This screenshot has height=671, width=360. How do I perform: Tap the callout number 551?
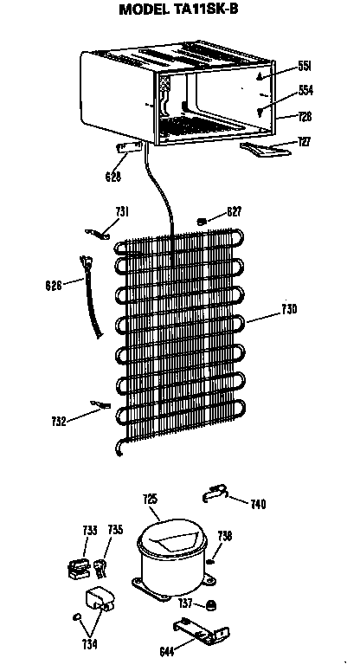pos(305,66)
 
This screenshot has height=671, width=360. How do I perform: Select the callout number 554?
pos(305,90)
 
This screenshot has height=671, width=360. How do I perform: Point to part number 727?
pos(305,142)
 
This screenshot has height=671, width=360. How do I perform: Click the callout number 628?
pos(113,177)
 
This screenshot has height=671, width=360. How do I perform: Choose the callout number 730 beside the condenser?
pos(289,309)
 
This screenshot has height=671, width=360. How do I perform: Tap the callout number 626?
pos(54,285)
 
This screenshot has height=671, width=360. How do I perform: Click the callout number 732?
pos(59,422)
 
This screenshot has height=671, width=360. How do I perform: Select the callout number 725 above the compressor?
pos(150,499)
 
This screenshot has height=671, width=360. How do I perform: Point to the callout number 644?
pos(166,652)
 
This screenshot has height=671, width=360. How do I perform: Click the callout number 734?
pos(89,644)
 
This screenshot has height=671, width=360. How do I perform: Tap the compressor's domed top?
pos(171,538)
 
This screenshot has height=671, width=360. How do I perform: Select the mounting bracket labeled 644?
pos(202,631)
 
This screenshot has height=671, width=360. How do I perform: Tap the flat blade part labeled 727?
pos(265,150)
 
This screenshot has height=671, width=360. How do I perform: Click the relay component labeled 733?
pos(77,570)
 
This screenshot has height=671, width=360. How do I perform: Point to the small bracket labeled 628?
pos(129,147)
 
